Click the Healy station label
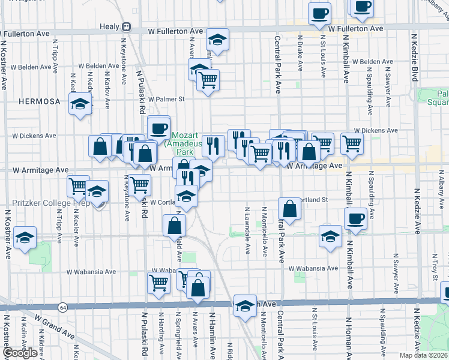pyautogui.click(x=110, y=26)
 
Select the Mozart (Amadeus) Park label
pyautogui.click(x=184, y=144)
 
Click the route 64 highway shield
pyautogui.click(x=62, y=307)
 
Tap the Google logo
pyautogui.click(x=20, y=353)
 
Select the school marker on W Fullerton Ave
pyautogui.click(x=217, y=40)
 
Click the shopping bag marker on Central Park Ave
pyautogui.click(x=289, y=209)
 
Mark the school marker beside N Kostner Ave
pyautogui.click(x=25, y=238)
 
